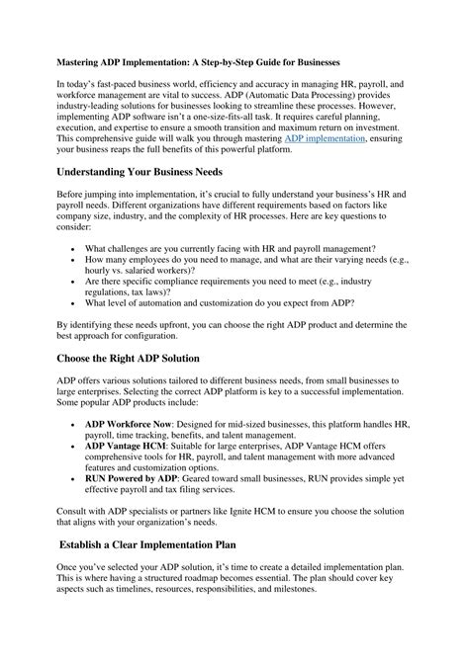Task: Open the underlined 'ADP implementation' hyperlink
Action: point(324,139)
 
